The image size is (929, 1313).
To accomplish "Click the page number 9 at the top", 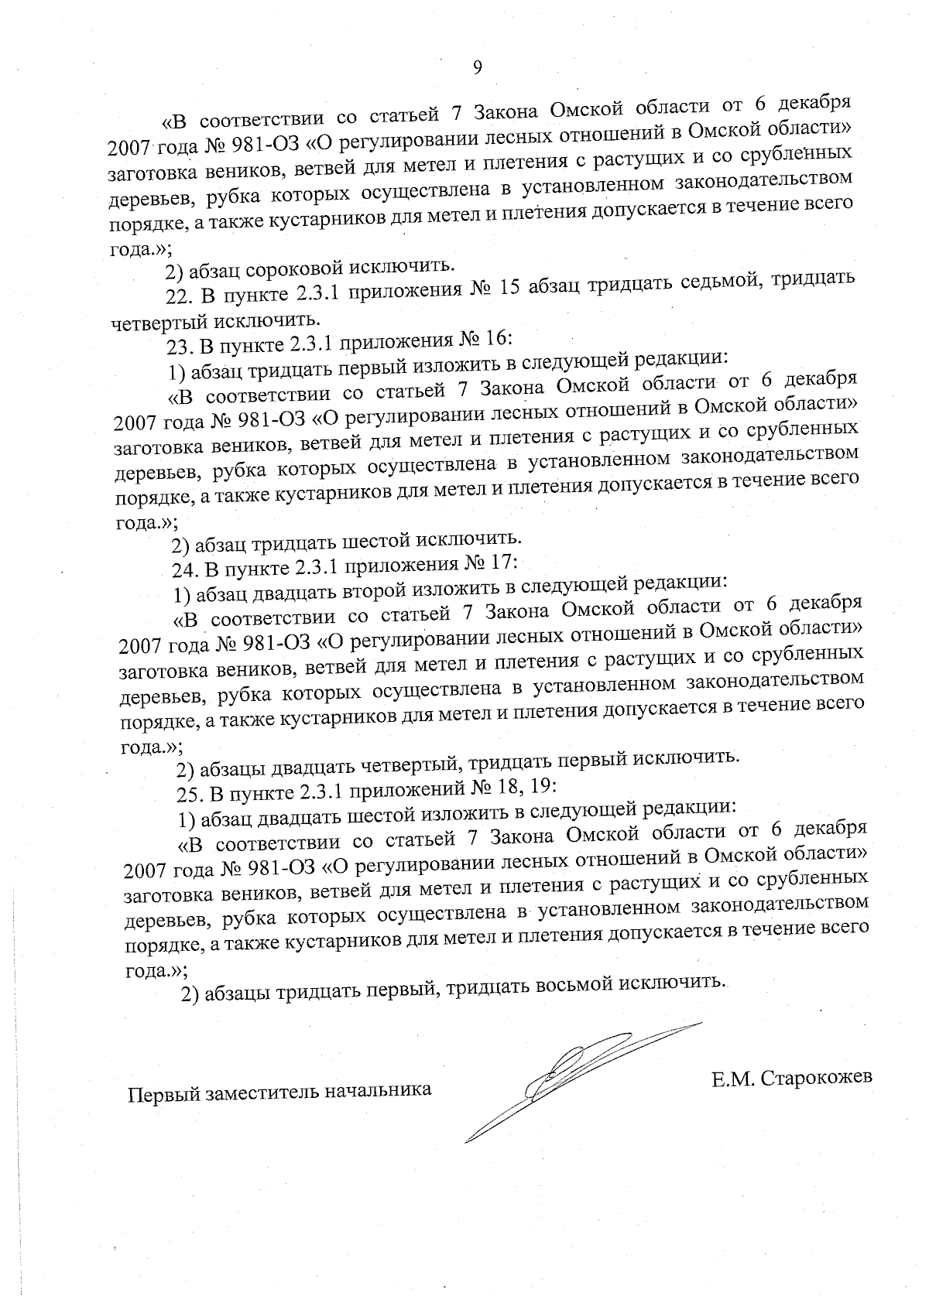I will point(477,68).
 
